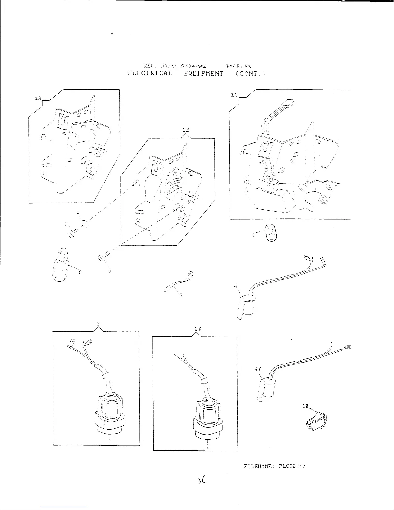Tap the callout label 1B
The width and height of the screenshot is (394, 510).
pyautogui.click(x=185, y=130)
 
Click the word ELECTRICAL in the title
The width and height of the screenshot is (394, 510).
pyautogui.click(x=150, y=73)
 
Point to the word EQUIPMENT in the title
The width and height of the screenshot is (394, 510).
pyautogui.click(x=203, y=73)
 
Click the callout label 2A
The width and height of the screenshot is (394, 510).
pyautogui.click(x=198, y=329)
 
